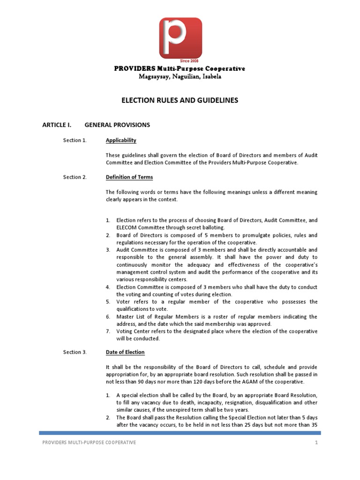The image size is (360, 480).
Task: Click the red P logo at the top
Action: [x=180, y=37]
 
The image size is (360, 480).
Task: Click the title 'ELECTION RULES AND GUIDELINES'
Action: [x=180, y=100]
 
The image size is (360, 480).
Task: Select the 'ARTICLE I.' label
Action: [x=57, y=125]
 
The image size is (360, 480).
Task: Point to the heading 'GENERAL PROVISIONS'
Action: [x=117, y=125]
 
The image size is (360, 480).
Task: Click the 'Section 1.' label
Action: [x=75, y=140]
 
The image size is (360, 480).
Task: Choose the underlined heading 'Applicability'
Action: [x=121, y=140]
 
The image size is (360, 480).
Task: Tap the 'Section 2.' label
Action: [x=75, y=177]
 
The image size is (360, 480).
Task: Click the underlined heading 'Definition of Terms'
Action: [x=129, y=177]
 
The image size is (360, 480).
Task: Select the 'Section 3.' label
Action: [x=75, y=352]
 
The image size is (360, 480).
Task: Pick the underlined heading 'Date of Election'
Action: [x=125, y=352]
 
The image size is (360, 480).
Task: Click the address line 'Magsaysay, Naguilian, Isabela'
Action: [x=180, y=77]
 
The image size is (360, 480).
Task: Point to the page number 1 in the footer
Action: [x=316, y=442]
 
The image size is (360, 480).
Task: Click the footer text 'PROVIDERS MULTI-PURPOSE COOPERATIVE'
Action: [x=89, y=442]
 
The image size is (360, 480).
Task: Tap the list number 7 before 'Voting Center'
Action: [x=107, y=331]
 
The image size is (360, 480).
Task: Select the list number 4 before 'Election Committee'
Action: [x=107, y=287]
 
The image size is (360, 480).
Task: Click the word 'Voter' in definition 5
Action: [x=124, y=302]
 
